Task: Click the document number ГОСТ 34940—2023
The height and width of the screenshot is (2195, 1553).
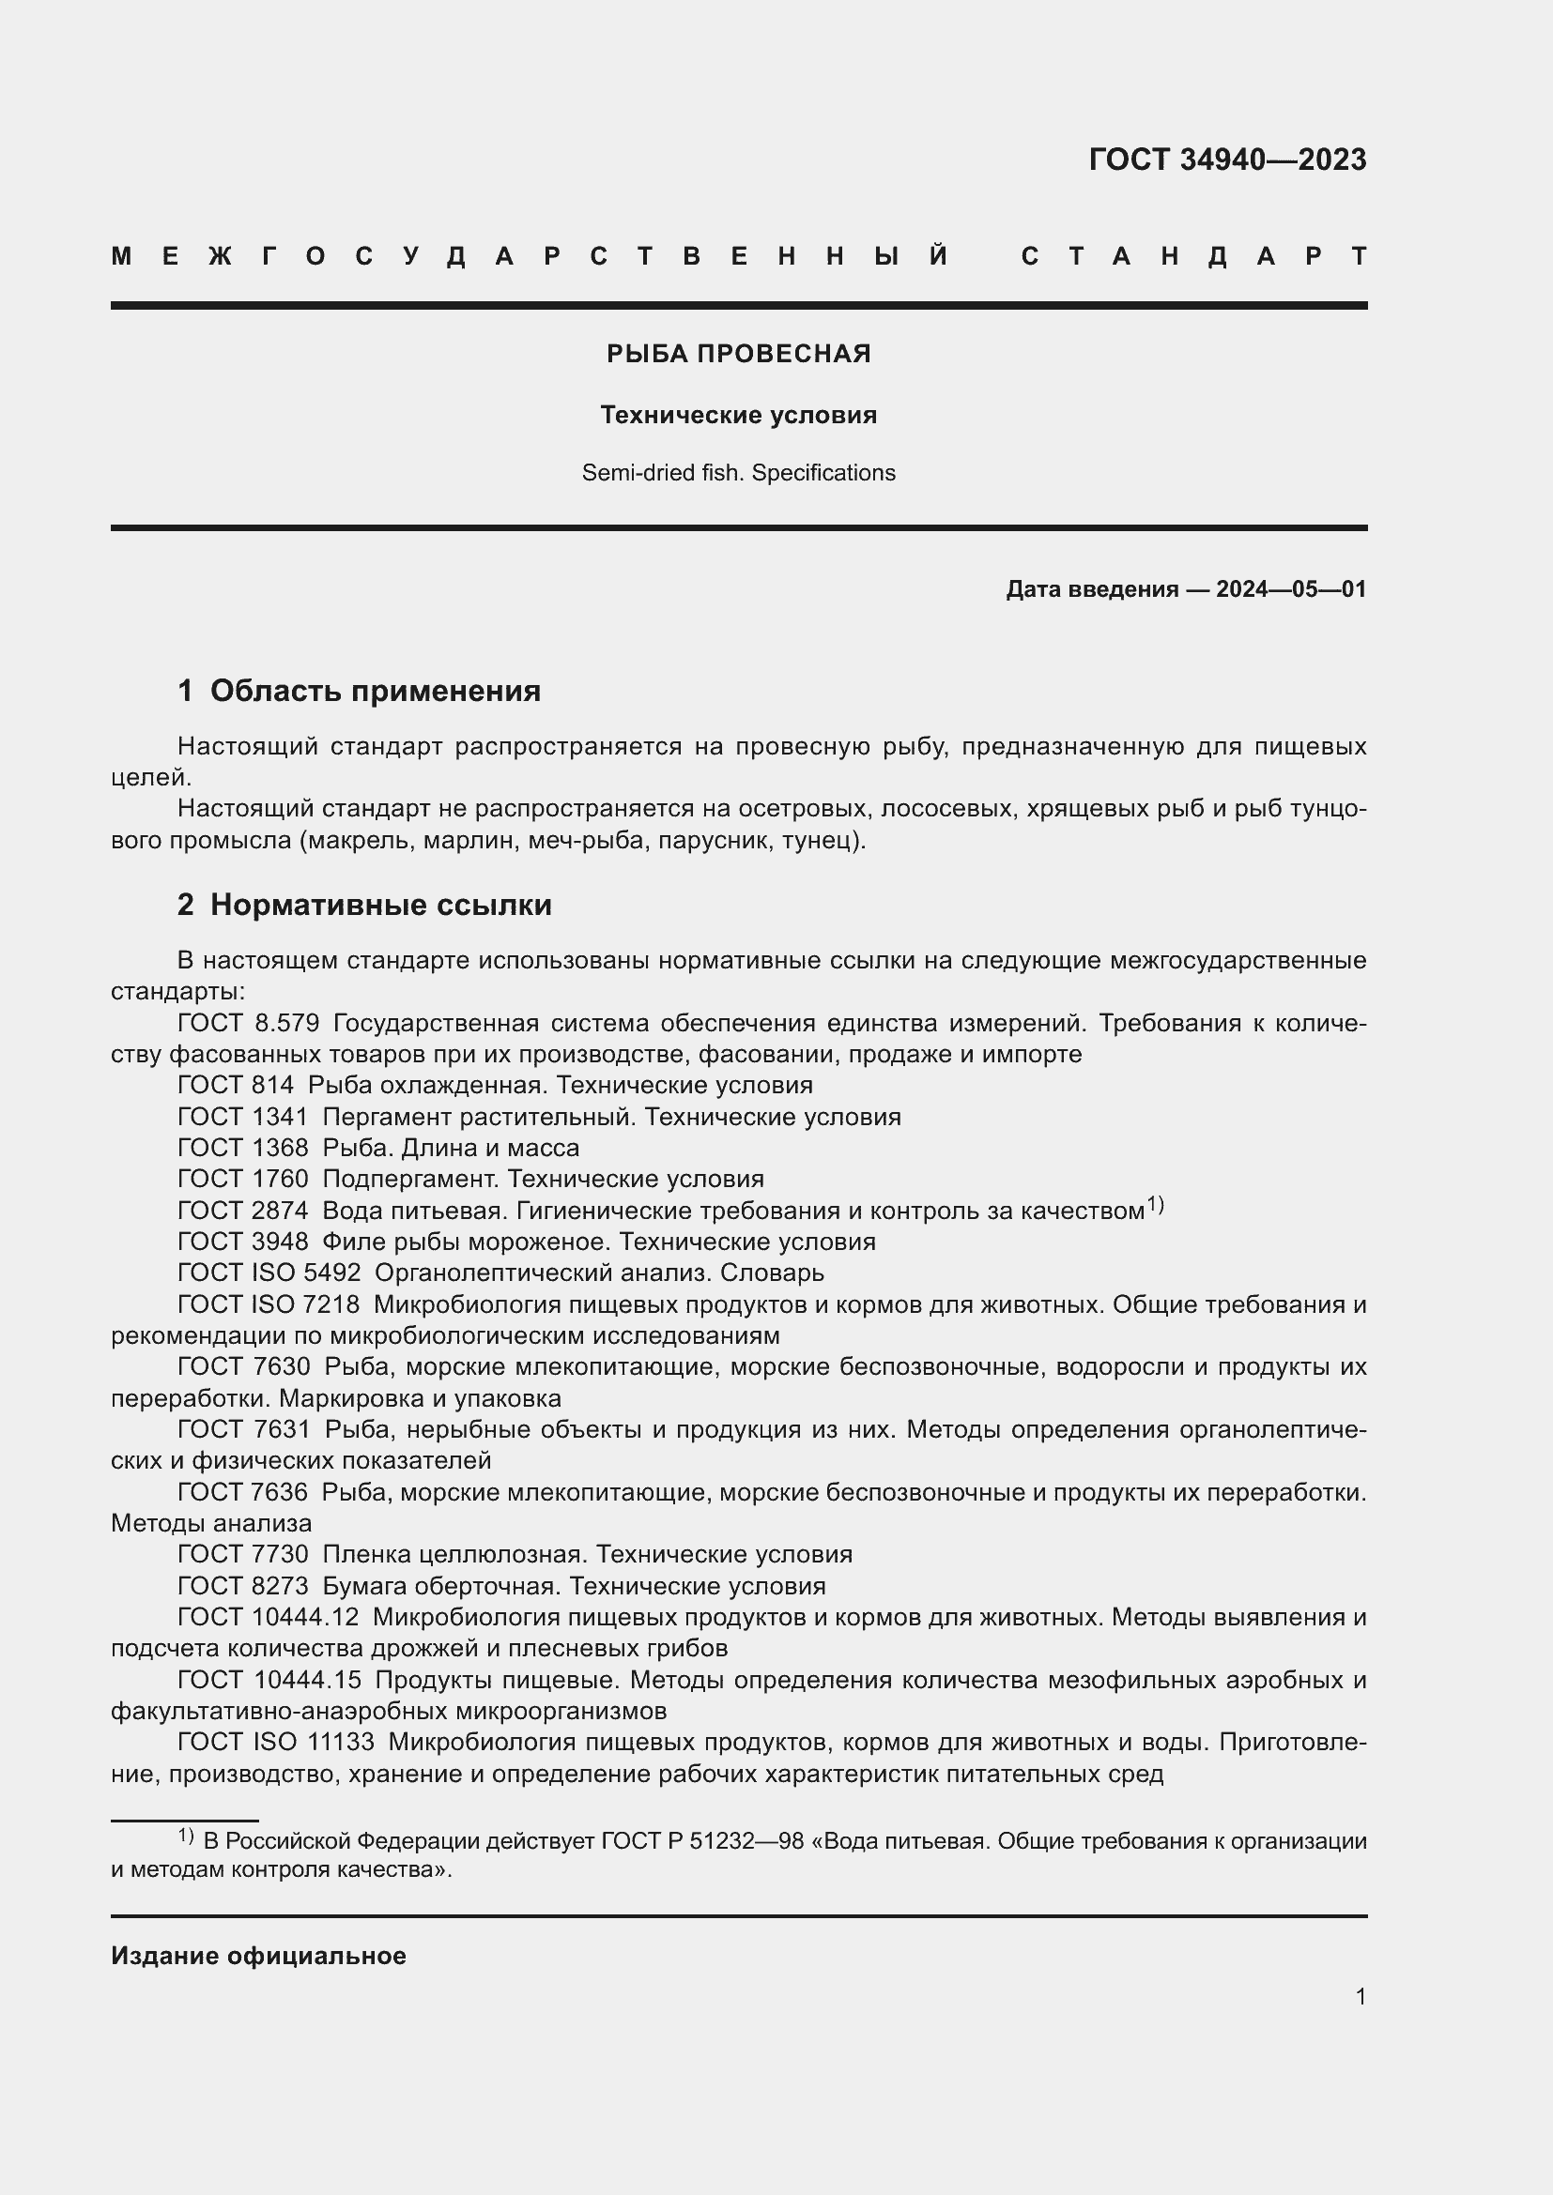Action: (x=1227, y=160)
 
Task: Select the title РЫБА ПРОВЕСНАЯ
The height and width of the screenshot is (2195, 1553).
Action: (x=738, y=354)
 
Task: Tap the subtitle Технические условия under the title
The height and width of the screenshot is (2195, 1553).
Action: (x=738, y=415)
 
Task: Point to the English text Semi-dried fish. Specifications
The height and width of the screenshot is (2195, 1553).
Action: (x=738, y=473)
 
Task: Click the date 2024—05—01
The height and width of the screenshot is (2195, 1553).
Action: (x=1291, y=589)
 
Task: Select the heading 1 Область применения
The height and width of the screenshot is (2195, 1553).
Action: (x=360, y=691)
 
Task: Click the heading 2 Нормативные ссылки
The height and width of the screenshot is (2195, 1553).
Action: (x=364, y=905)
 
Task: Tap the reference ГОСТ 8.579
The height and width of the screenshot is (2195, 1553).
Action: (x=249, y=1023)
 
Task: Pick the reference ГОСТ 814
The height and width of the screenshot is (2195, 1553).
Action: (x=236, y=1085)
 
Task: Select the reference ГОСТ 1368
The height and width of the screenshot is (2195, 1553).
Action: (x=243, y=1147)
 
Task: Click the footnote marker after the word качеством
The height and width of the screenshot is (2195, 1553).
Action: (x=1155, y=1205)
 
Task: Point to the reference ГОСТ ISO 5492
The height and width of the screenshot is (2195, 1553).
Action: (x=269, y=1273)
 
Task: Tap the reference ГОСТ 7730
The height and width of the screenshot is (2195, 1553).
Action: (x=243, y=1554)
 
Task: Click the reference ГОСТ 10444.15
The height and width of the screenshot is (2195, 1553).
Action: (x=269, y=1680)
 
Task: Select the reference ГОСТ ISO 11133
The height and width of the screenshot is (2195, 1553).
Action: (x=275, y=1742)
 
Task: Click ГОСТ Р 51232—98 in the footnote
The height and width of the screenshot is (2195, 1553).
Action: (x=702, y=1840)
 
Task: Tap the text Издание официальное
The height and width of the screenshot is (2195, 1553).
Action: (x=258, y=1956)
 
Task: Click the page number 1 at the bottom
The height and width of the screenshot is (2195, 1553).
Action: (x=1360, y=1996)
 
